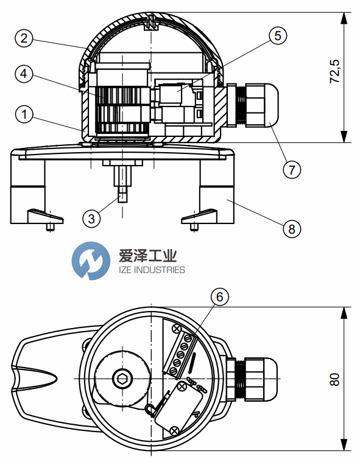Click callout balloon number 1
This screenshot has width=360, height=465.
tap(24, 114)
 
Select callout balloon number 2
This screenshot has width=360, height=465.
tap(24, 38)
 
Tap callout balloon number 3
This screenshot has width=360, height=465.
tap(91, 219)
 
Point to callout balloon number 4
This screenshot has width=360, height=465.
tap(24, 74)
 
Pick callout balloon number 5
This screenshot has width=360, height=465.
tap(278, 35)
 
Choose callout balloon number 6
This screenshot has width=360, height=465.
tap(220, 296)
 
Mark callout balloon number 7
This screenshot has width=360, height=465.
tap(292, 170)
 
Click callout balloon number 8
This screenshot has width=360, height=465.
tap(292, 229)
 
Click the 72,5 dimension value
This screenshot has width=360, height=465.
tap(335, 71)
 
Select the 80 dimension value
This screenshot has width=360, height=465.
tap(335, 380)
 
